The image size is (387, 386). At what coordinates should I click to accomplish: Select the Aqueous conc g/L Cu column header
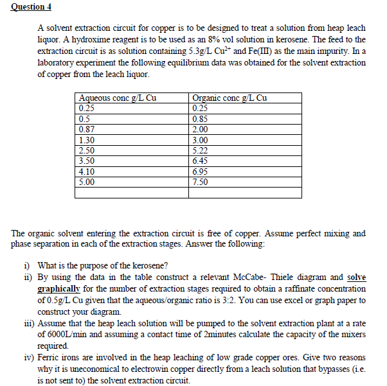coord(116,98)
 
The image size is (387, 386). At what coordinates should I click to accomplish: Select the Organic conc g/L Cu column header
coord(230,98)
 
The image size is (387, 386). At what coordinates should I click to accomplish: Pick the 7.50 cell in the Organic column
coord(201,182)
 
